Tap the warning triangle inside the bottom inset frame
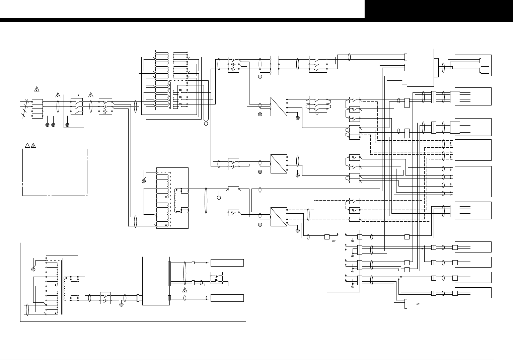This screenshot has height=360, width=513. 185,290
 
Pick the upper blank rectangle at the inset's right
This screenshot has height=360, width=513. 227,263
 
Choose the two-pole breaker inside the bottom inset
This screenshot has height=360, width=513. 105,298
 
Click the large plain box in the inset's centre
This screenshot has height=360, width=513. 156,281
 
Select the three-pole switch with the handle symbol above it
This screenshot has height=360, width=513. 77,107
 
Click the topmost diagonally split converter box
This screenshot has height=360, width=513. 279,106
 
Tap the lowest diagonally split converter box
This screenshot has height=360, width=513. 279,217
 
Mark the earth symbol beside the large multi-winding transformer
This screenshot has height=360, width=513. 206,124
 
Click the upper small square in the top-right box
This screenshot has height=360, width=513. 485,61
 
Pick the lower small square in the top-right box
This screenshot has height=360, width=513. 485,70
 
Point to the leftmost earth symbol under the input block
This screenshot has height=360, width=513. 47,125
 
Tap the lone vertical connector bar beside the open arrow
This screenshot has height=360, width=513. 406,304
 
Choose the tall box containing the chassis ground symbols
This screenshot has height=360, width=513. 343,261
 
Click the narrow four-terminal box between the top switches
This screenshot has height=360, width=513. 275,65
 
